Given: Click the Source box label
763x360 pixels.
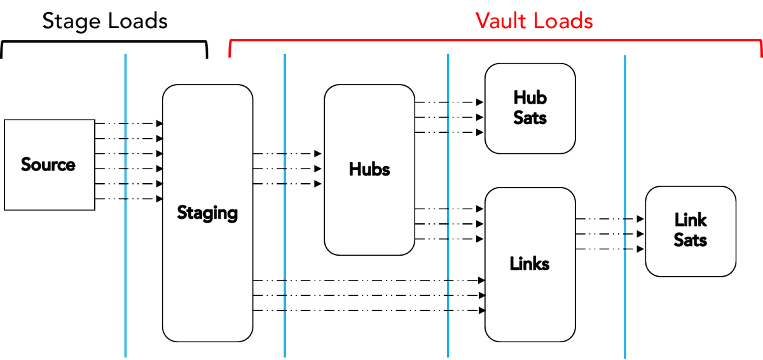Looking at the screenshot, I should [48, 165].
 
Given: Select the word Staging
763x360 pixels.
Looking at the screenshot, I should [207, 212].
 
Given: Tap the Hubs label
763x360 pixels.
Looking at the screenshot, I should [369, 170].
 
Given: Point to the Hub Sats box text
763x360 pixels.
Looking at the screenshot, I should [530, 107].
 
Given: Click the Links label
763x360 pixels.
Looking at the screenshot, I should [530, 263].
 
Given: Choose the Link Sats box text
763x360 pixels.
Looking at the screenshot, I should [691, 230].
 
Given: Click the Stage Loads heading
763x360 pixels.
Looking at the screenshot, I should [105, 21].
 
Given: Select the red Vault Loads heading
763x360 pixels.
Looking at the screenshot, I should [534, 21].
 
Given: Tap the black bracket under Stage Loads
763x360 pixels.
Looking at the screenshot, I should [105, 43].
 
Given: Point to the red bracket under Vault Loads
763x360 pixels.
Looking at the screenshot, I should [496, 39].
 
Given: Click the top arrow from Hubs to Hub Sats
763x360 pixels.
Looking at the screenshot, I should [449, 102].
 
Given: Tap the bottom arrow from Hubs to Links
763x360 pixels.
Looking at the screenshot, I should [449, 239].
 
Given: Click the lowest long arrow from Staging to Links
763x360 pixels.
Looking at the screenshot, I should [369, 310].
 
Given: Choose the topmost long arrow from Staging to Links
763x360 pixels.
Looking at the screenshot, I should [369, 280].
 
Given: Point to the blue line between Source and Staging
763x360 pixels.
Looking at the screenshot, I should [126, 286].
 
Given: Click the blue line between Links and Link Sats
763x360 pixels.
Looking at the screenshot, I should [625, 305].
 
